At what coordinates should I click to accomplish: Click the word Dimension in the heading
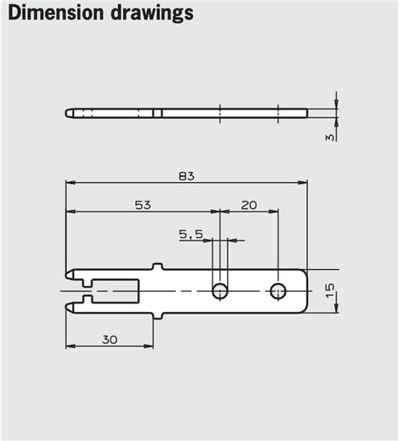[x=51, y=13]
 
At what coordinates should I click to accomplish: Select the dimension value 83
[x=186, y=175]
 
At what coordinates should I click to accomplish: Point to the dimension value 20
[x=249, y=205]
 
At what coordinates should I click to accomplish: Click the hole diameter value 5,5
[x=190, y=234]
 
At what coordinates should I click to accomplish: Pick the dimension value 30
[x=110, y=339]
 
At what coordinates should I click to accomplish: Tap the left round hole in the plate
[x=219, y=291]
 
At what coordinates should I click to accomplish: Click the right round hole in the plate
[x=278, y=291]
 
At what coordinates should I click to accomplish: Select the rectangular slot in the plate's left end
[x=115, y=291]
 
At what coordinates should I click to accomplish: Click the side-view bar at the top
[x=186, y=113]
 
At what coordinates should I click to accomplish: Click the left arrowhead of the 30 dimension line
[x=70, y=346]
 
